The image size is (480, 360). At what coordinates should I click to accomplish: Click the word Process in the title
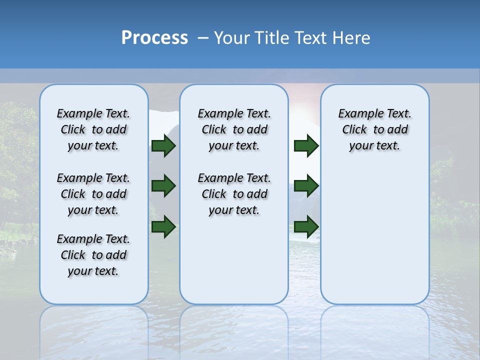point(154,37)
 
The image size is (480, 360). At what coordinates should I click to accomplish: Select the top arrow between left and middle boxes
point(163,145)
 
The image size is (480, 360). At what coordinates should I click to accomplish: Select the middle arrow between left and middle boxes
point(163,186)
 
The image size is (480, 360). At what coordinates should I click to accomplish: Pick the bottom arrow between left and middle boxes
point(163,226)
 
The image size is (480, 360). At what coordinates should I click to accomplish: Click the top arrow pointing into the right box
point(306,145)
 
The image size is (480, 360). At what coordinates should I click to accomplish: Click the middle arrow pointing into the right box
point(306,186)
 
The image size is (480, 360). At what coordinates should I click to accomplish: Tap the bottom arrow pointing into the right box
point(306,226)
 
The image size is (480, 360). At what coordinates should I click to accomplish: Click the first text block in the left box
point(93,129)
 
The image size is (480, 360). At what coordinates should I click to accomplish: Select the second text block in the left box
point(93,194)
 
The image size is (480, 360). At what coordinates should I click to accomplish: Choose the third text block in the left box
point(93,255)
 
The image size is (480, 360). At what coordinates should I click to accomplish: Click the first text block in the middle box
point(234,129)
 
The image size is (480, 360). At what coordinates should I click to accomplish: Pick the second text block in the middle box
point(234,194)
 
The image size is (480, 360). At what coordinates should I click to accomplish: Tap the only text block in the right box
point(374,129)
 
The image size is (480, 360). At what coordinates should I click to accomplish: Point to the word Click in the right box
point(354,129)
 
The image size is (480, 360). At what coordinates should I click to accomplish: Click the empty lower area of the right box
point(374,235)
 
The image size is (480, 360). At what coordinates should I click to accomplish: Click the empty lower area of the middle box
point(234,260)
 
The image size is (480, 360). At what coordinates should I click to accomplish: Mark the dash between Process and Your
point(203,38)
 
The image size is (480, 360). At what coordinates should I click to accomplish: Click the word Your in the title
point(232,38)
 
